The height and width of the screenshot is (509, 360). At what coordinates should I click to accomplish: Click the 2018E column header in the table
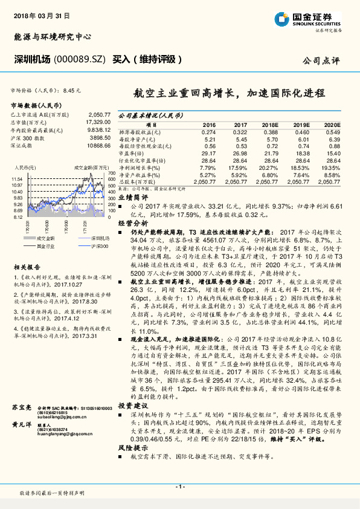[270, 124]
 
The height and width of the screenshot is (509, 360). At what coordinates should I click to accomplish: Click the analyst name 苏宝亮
[22, 410]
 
